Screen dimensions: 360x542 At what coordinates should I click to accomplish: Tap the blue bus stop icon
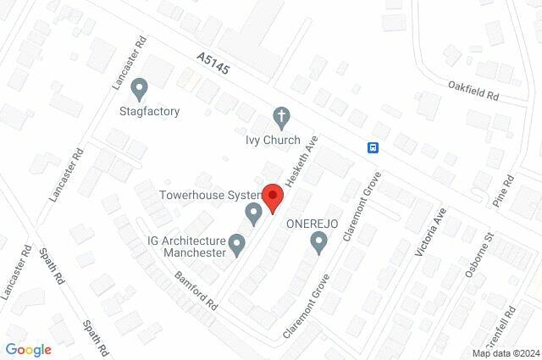tap(373, 147)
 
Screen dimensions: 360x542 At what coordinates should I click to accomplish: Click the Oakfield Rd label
tap(474, 90)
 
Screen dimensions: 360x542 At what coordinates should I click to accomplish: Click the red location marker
tap(272, 198)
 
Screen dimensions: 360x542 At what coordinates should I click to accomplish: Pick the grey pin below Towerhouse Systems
tap(253, 213)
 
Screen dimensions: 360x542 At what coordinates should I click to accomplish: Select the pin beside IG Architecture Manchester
tap(238, 246)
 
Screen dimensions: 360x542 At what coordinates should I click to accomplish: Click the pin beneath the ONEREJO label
tap(319, 244)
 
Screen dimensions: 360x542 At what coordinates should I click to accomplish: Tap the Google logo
tap(28, 348)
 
